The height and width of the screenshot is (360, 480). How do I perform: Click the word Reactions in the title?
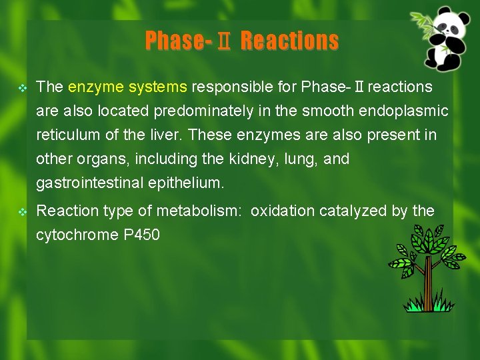(x=289, y=41)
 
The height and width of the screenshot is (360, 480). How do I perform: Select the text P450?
(x=142, y=235)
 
